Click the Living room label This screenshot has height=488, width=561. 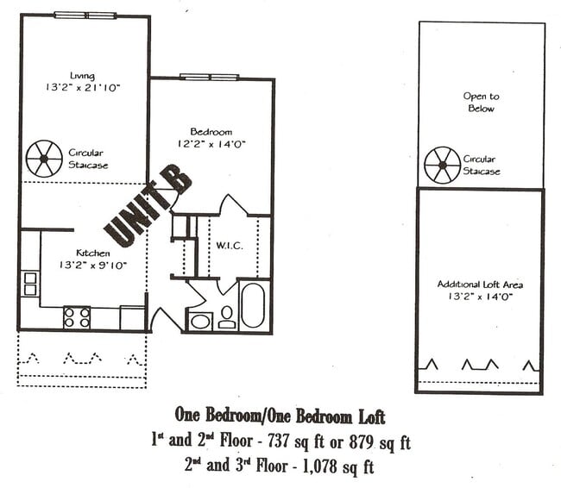coord(83,75)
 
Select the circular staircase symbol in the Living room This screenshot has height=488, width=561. coord(43,159)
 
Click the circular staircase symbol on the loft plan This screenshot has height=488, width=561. coord(441,165)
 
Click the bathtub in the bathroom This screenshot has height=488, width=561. coord(253,304)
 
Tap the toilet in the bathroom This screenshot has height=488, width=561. coord(227,317)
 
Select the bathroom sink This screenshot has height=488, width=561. coord(200,322)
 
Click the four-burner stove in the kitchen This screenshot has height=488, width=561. coord(77,317)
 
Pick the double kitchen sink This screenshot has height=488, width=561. coord(29,284)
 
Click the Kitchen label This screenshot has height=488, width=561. coord(92,253)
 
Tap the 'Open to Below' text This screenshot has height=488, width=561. coord(481,103)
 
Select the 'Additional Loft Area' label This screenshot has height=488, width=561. coord(480,284)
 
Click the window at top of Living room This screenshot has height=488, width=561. coord(85,15)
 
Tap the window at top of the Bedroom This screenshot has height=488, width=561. coord(209,77)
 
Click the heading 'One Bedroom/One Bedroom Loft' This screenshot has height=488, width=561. coord(280,417)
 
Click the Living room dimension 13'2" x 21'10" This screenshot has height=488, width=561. coord(83,88)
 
